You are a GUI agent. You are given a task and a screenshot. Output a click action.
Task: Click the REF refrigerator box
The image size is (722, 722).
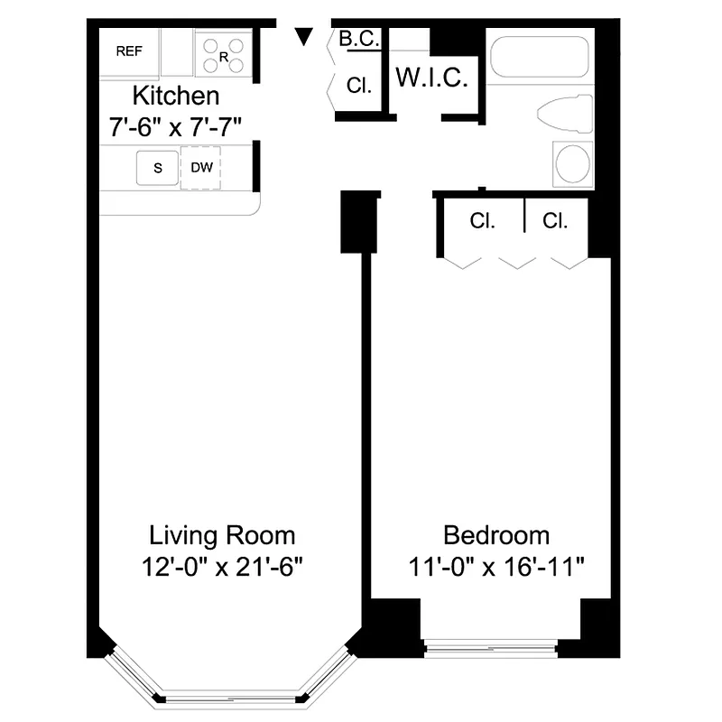tap(129, 52)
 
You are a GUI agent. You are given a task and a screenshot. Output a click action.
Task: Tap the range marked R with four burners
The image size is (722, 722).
tap(222, 52)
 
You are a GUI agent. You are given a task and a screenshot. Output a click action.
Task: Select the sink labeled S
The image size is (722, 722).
tap(157, 168)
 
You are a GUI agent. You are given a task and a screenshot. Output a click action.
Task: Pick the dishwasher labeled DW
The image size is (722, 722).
tap(200, 168)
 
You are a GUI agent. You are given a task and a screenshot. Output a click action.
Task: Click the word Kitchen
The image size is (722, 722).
tap(176, 95)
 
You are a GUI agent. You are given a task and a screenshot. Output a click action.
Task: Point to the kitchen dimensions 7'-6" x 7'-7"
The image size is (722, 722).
tap(175, 121)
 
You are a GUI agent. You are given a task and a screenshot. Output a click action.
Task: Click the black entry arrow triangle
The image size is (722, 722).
tap(305, 36)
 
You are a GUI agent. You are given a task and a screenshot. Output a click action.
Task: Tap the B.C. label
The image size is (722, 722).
tap(359, 39)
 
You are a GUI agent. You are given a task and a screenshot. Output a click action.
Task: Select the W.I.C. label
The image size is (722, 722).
tap(432, 79)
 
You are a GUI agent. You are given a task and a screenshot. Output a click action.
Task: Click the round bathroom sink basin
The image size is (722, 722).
tap(572, 164)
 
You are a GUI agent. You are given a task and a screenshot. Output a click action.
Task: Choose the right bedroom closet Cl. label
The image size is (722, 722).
tap(555, 221)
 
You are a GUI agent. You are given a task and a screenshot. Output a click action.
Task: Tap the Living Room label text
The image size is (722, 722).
tap(222, 535)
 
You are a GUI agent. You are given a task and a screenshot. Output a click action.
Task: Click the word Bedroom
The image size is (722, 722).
tap(496, 535)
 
